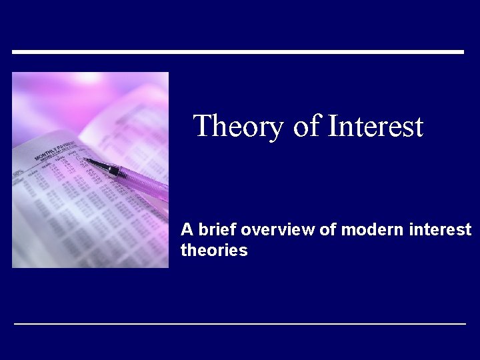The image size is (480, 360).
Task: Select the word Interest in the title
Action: click(376, 126)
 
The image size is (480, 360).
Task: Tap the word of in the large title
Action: click(307, 126)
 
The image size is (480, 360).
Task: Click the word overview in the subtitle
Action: click(278, 230)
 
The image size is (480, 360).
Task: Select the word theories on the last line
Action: click(214, 251)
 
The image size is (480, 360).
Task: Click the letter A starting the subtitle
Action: click(187, 230)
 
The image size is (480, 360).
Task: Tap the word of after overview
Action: click(327, 230)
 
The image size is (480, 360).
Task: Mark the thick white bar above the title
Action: click(238, 51)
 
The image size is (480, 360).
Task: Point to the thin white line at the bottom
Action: click(240, 323)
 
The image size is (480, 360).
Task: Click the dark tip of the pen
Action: click(88, 160)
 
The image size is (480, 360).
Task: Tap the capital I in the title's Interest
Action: click(333, 125)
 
